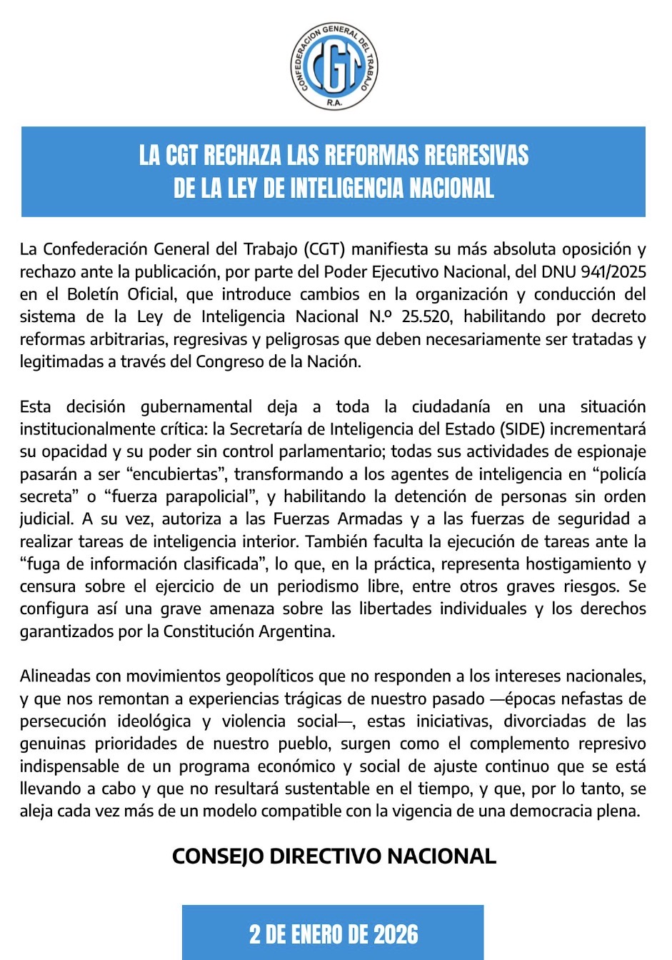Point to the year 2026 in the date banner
click(396, 934)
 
